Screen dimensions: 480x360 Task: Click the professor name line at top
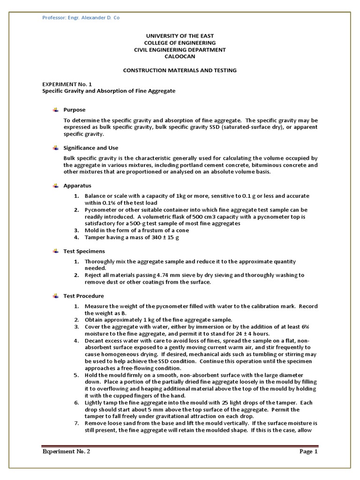pos(81,18)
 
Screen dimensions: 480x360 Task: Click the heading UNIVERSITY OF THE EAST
pos(180,36)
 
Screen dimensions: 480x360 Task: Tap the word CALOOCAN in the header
pos(180,56)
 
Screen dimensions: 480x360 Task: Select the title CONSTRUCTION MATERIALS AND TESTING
pos(180,70)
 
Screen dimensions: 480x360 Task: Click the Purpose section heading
pos(75,110)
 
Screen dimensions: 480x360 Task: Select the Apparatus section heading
pos(77,186)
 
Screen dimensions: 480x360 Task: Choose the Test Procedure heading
pos(83,296)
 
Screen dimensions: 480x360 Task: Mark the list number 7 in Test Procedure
pos(76,423)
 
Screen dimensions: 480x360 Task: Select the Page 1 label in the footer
pos(309,452)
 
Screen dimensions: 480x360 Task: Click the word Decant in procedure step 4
pos(94,340)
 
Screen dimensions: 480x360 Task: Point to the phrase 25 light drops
pos(210,403)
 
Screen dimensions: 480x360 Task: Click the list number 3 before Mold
pos(76,231)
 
